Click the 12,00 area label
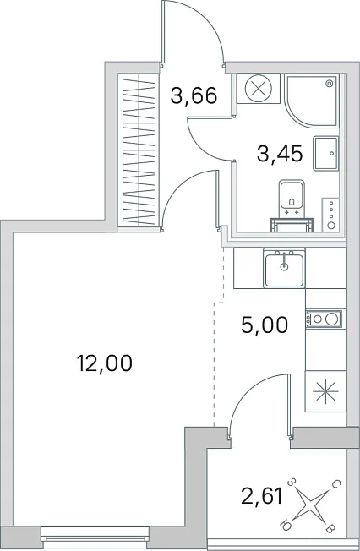[105, 363]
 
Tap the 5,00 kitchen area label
[265, 325]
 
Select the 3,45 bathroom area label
[280, 154]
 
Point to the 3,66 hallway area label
[194, 95]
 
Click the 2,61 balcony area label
[262, 497]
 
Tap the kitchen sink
[284, 268]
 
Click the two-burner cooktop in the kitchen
[324, 319]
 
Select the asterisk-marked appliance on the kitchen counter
[325, 391]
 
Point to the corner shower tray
[312, 101]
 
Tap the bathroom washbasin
[326, 153]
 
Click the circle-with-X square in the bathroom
[259, 88]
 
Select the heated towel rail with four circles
[330, 215]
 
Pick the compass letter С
[335, 485]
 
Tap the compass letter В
[330, 529]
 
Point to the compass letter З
[292, 482]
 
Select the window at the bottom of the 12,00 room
[94, 537]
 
